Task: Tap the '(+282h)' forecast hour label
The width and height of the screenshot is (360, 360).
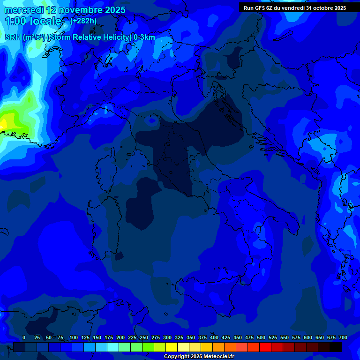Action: tap(83, 21)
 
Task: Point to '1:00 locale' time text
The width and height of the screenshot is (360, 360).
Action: tap(33, 21)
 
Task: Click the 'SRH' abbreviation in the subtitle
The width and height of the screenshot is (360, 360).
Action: tap(13, 37)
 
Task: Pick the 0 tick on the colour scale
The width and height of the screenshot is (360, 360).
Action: tap(24, 337)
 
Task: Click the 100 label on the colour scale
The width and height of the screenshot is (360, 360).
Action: tap(74, 337)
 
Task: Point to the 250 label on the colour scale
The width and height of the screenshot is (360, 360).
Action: tap(144, 337)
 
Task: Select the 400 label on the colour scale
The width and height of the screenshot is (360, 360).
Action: tap(214, 337)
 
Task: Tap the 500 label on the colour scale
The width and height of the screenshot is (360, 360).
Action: tap(261, 337)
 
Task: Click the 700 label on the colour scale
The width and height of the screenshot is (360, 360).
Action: tap(343, 337)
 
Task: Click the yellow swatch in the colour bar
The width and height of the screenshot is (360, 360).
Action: tap(172, 347)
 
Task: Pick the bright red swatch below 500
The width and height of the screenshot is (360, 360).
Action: tap(265, 347)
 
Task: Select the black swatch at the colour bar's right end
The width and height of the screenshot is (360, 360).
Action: tap(336, 347)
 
